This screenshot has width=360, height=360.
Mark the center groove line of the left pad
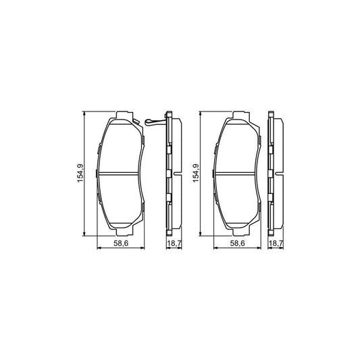point(122,174)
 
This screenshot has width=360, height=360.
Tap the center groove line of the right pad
point(237,174)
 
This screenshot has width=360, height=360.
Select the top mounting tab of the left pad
point(122,113)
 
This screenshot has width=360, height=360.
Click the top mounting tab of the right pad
point(237,113)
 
